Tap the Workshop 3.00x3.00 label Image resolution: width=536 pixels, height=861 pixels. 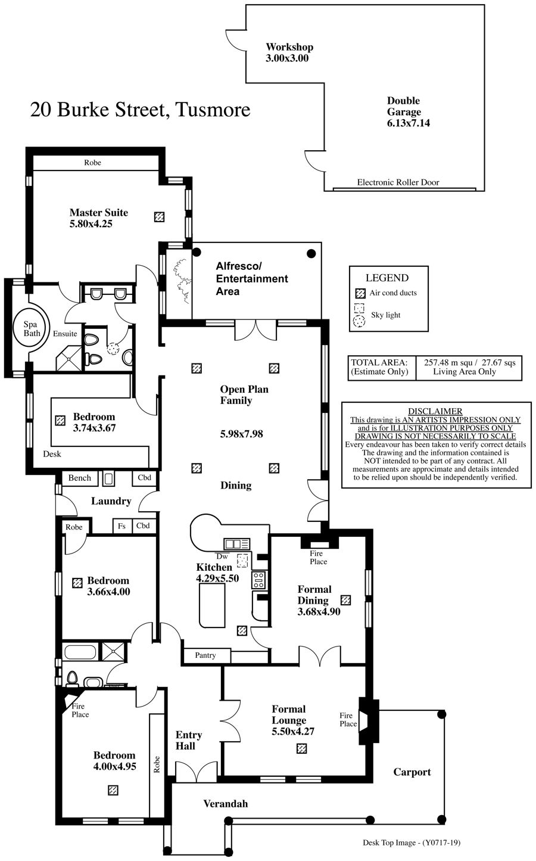pyautogui.click(x=289, y=52)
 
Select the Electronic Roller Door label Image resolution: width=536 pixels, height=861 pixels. pyautogui.click(x=398, y=182)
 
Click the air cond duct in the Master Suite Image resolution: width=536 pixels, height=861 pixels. pyautogui.click(x=159, y=217)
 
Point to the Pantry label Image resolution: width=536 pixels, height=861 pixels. pyautogui.click(x=205, y=655)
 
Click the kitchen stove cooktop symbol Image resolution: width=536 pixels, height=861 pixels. pyautogui.click(x=258, y=580)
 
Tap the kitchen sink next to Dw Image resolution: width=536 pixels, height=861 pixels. pyautogui.click(x=236, y=543)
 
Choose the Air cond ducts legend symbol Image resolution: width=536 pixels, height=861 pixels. pyautogui.click(x=360, y=294)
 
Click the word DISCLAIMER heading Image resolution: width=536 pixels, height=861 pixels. pyautogui.click(x=435, y=411)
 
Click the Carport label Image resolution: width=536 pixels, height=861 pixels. pyautogui.click(x=412, y=772)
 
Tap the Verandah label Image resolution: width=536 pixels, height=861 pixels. pyautogui.click(x=226, y=804)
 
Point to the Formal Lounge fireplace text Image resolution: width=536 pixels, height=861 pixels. pyautogui.click(x=348, y=719)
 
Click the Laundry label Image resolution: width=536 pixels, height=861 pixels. pyautogui.click(x=111, y=501)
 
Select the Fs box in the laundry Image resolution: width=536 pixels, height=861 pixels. pyautogui.click(x=122, y=526)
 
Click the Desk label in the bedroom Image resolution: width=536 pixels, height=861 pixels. pyautogui.click(x=52, y=454)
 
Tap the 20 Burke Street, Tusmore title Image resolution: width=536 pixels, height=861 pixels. pyautogui.click(x=140, y=110)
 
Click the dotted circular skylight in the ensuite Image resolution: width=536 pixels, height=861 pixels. pyautogui.click(x=113, y=348)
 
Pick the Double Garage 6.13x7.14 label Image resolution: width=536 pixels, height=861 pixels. pyautogui.click(x=408, y=112)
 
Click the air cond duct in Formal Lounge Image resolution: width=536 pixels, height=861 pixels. pyautogui.click(x=301, y=748)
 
